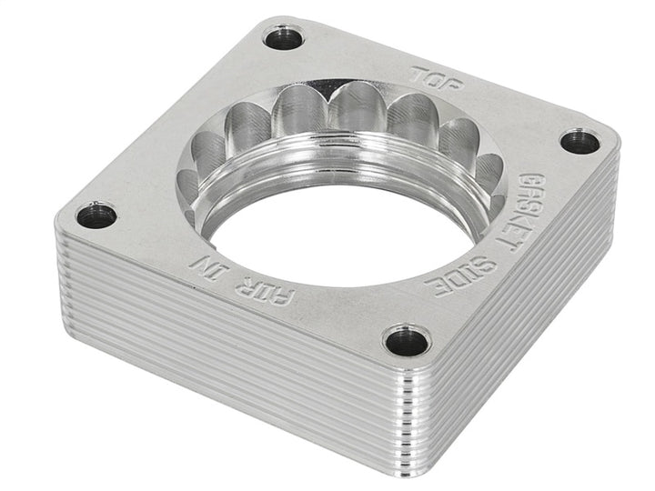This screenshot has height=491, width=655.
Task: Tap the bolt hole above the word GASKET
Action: [x=579, y=141]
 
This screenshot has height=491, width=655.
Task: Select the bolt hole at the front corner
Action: [x=406, y=341]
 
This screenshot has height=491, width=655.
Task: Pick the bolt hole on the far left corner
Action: [x=96, y=215]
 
